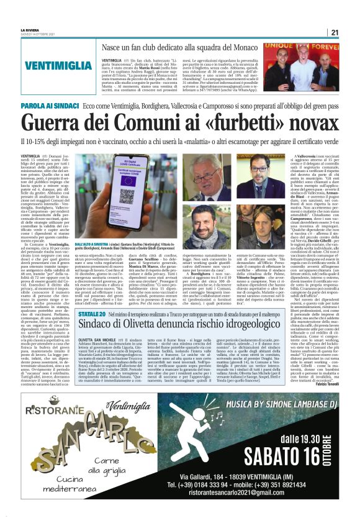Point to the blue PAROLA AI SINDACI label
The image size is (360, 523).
[48, 107]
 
